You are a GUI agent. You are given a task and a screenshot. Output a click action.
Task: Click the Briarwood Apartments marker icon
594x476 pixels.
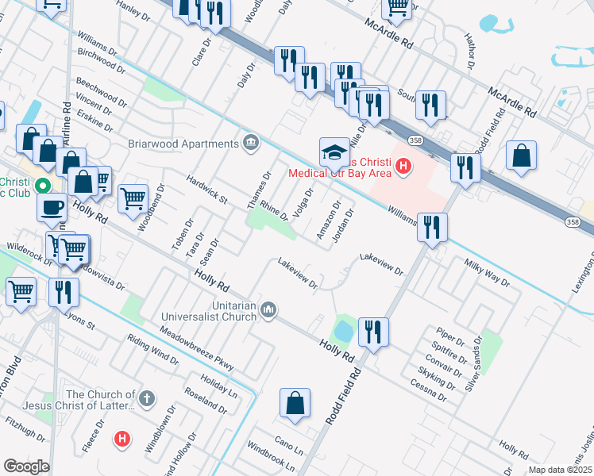(x=252, y=144)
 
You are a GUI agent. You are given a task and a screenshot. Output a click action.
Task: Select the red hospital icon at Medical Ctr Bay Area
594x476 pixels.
(x=403, y=166)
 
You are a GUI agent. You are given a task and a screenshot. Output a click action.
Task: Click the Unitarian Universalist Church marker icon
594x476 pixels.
(x=268, y=309)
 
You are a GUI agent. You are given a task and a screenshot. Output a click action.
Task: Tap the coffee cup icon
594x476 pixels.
(x=52, y=207)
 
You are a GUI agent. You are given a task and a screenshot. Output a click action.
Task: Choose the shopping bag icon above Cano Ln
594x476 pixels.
(x=295, y=402)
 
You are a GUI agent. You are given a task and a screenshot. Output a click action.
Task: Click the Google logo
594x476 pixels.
(x=26, y=466)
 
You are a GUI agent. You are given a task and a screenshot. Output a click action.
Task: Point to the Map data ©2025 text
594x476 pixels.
(x=559, y=470)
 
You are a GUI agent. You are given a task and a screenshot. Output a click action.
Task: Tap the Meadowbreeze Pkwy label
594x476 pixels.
(x=197, y=349)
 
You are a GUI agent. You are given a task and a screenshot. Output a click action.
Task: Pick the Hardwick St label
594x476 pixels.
(x=206, y=189)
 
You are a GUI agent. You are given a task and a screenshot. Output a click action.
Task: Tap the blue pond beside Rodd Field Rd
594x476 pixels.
(x=345, y=328)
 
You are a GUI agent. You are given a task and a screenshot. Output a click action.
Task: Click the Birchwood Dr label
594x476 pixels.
(x=103, y=58)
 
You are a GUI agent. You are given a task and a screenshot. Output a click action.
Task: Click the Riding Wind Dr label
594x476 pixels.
(x=153, y=348)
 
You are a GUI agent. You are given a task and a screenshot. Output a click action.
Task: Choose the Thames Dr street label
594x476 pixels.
(x=259, y=191)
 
